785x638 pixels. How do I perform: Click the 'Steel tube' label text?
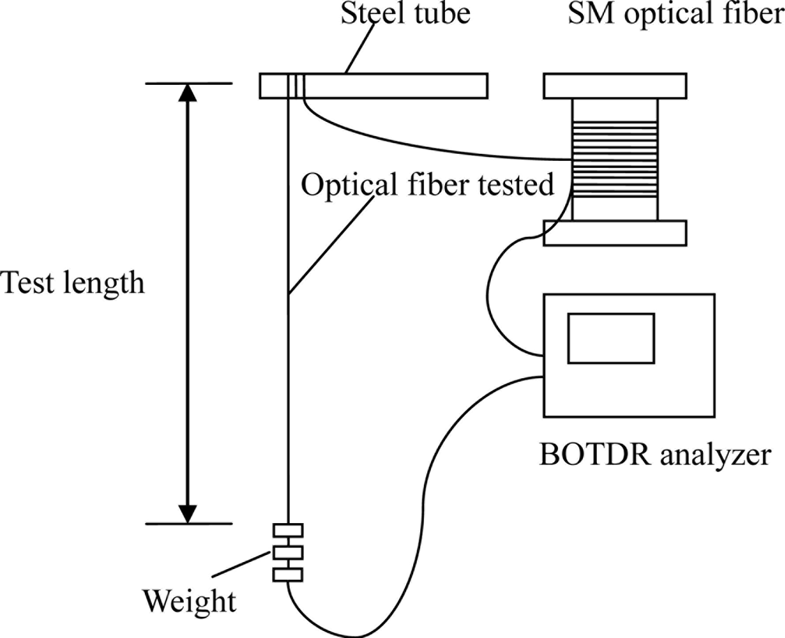click(x=405, y=14)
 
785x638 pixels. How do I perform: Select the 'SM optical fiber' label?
click(x=676, y=14)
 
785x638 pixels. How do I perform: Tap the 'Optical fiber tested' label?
click(x=427, y=185)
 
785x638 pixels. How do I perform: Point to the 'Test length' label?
click(x=72, y=282)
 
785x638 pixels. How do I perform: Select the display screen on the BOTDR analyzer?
click(x=611, y=338)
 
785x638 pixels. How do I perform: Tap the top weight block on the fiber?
click(x=288, y=530)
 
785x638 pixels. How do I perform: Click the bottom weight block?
click(x=288, y=575)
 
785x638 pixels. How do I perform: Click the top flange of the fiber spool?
click(x=615, y=86)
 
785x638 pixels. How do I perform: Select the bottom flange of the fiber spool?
click(x=615, y=233)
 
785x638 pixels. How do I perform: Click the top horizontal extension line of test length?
click(x=187, y=84)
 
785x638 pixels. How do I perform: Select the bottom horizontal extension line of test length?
click(x=187, y=524)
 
